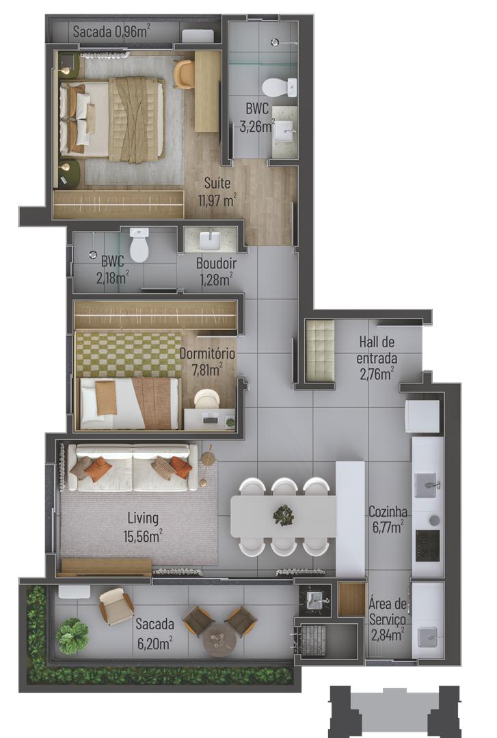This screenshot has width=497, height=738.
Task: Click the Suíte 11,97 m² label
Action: coord(217,191)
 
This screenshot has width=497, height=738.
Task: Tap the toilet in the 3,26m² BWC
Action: coord(280,87)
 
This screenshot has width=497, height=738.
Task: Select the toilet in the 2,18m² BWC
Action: coord(139,244)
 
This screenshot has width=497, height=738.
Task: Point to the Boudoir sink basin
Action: coord(210,241)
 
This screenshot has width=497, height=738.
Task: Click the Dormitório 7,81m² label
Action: coord(207,361)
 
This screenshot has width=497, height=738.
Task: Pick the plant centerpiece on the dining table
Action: coord(284,515)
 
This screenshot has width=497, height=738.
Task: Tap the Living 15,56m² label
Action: coord(143,527)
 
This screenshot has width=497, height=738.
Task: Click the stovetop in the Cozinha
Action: coord(427,545)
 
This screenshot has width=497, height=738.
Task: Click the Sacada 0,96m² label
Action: coord(112,31)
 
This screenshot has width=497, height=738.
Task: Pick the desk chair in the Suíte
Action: coord(184,74)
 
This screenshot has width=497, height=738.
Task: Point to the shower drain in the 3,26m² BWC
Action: coord(276,43)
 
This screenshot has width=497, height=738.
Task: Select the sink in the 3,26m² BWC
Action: coord(284,131)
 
